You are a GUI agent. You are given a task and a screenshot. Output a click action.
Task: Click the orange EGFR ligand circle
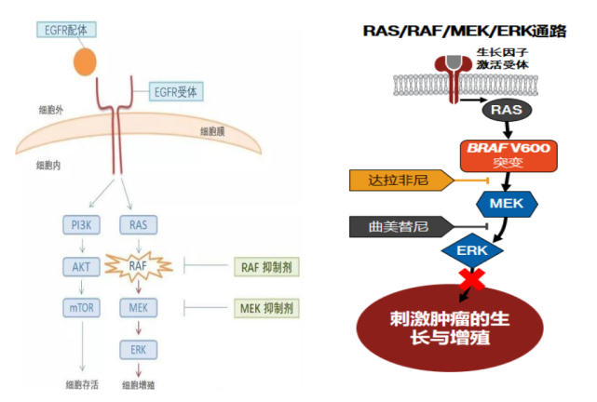pos(85,60)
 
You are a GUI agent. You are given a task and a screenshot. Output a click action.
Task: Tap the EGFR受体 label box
pos(178,91)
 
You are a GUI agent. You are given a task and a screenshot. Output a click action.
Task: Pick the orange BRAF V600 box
pos(509,155)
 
